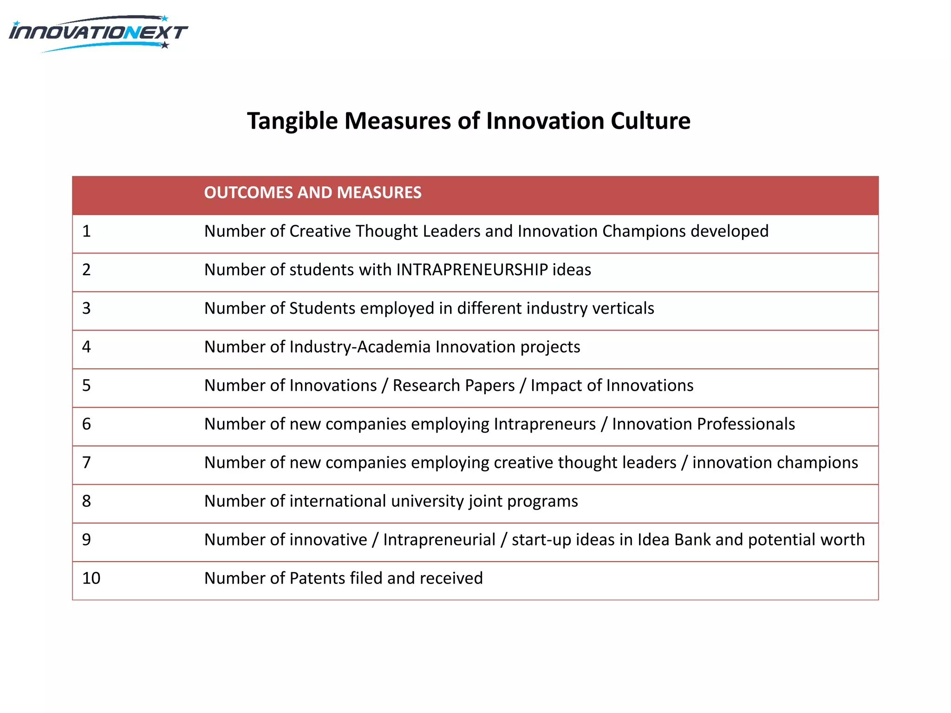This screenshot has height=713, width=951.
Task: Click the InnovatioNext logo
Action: pyautogui.click(x=98, y=33)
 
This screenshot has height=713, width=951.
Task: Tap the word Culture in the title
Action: pyautogui.click(x=650, y=121)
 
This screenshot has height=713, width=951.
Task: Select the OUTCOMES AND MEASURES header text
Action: pyautogui.click(x=313, y=193)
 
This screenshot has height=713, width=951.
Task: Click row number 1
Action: pyautogui.click(x=86, y=231)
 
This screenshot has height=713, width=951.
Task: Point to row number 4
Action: pyautogui.click(x=86, y=347)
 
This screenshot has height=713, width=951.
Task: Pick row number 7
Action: pyautogui.click(x=86, y=462)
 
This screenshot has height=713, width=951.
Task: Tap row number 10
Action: pyautogui.click(x=91, y=578)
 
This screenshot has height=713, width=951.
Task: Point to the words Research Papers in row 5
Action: pyautogui.click(x=454, y=385)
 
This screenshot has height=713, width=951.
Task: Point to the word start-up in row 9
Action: pyautogui.click(x=541, y=539)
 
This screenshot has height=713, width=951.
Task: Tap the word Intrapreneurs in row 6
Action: pyautogui.click(x=545, y=424)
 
